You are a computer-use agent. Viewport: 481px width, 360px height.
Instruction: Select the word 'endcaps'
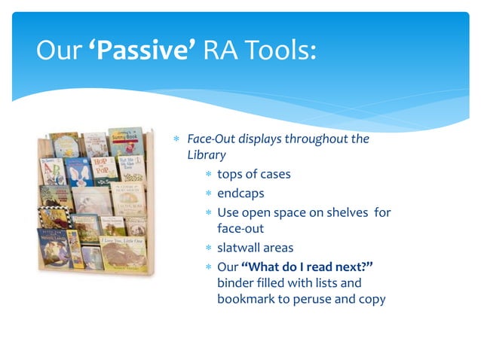(x=240, y=193)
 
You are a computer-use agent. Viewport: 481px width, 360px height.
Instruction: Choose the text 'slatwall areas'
(x=255, y=248)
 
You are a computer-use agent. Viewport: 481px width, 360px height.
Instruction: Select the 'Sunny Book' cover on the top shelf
(x=125, y=141)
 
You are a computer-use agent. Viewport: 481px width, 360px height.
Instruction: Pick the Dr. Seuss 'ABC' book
(x=52, y=171)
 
